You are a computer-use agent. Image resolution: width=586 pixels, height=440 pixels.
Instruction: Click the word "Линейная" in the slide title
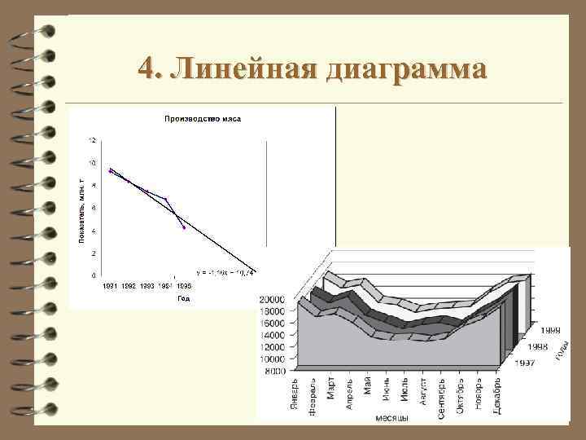tap(248, 68)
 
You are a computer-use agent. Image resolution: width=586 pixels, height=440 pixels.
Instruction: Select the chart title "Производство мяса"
tap(203, 119)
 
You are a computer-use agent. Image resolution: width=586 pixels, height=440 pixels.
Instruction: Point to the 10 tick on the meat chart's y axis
tap(92, 163)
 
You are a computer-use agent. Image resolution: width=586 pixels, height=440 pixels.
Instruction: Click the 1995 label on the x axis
tap(184, 286)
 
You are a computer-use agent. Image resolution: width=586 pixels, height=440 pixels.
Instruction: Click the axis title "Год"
tap(183, 299)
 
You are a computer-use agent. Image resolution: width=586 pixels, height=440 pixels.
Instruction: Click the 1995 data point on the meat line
tap(184, 227)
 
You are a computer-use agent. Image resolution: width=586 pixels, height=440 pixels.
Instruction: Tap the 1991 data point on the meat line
tap(111, 170)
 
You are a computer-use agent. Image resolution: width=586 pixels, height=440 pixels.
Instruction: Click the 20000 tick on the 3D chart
tap(272, 299)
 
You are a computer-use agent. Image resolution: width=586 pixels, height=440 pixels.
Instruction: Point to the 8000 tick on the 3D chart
tap(275, 371)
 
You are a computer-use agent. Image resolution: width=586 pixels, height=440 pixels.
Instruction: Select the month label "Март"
tap(331, 387)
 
